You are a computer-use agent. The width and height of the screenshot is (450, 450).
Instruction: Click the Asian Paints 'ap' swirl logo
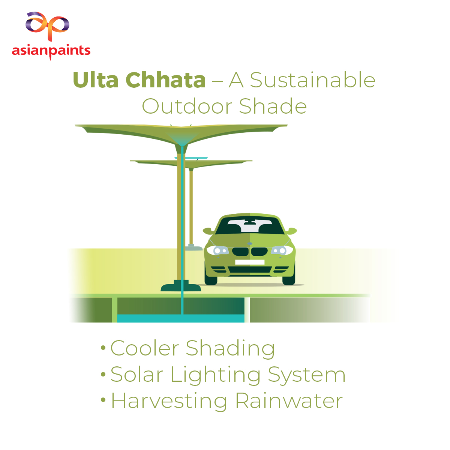click(47, 26)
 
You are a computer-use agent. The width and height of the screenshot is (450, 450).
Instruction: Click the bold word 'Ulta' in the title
click(96, 80)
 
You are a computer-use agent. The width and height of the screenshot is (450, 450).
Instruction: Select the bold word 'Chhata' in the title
click(166, 80)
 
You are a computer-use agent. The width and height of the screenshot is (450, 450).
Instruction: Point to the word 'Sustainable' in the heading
click(313, 80)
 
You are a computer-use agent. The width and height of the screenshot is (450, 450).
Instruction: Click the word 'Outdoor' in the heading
click(187, 106)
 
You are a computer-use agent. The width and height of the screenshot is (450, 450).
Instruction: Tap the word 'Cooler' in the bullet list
click(145, 348)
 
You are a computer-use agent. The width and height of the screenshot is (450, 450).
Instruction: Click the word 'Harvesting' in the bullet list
click(169, 402)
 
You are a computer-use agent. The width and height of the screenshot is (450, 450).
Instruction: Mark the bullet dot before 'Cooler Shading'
click(103, 348)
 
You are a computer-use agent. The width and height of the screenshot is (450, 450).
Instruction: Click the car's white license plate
click(250, 262)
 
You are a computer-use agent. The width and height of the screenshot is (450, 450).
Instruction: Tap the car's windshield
click(250, 226)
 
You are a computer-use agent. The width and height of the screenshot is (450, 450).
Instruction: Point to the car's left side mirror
click(208, 231)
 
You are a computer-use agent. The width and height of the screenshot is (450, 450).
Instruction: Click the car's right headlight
click(282, 250)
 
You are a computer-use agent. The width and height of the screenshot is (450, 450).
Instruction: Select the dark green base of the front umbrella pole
click(181, 286)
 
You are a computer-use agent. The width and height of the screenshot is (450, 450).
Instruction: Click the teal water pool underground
click(181, 318)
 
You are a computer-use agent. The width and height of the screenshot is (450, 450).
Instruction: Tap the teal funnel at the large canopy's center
click(182, 139)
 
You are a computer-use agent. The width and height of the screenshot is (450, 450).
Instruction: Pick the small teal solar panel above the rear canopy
click(191, 158)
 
